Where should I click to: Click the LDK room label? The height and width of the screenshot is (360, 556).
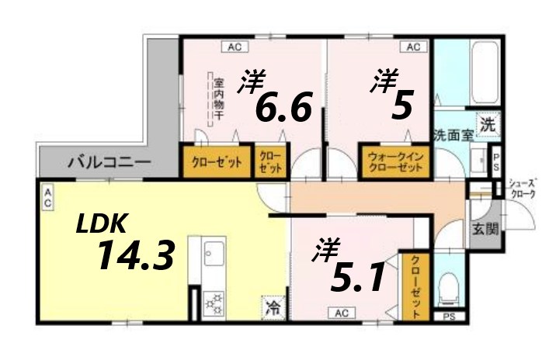pyautogui.click(x=101, y=224)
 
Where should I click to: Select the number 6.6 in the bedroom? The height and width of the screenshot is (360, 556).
pyautogui.click(x=283, y=107)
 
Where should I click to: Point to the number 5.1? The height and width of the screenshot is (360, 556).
pyautogui.click(x=357, y=277)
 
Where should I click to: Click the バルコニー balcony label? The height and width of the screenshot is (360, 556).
pyautogui.click(x=109, y=163)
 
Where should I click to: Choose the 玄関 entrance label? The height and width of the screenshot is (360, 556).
pyautogui.click(x=485, y=229)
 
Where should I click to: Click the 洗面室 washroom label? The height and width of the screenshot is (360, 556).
pyautogui.click(x=453, y=133)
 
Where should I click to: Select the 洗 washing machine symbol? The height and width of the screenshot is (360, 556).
pyautogui.click(x=487, y=123)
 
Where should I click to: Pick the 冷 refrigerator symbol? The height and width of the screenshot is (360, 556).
pyautogui.click(x=273, y=306)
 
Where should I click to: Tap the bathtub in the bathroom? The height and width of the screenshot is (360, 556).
pyautogui.click(x=474, y=73)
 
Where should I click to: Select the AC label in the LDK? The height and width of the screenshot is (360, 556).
pyautogui.click(x=47, y=197)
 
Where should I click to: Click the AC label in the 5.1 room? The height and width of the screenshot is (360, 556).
pyautogui.click(x=341, y=313)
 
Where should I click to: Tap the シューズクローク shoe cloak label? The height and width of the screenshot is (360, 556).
pyautogui.click(x=522, y=189)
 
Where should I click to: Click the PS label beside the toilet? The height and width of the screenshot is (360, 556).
pyautogui.click(x=448, y=317)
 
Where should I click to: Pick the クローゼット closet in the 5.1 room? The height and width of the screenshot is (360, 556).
pyautogui.click(x=416, y=287)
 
